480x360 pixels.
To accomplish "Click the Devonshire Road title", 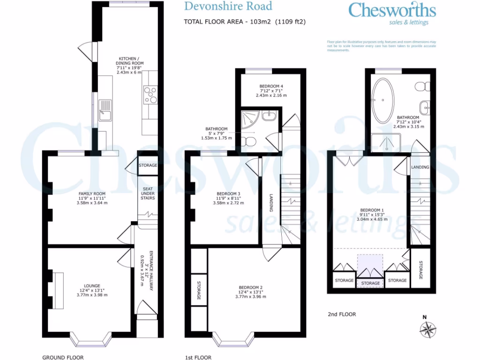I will coord(228,7).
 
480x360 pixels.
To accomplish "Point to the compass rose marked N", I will coord(427,330).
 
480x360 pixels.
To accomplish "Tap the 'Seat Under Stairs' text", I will coord(149,194).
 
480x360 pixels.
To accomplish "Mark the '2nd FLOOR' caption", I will coord(342,314).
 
